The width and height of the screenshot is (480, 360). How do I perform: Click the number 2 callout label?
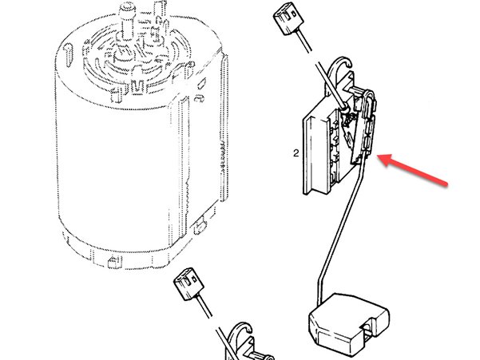(296, 153)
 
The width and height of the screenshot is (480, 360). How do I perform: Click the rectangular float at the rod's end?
(349, 325)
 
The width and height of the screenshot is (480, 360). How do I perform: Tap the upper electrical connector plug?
(288, 21)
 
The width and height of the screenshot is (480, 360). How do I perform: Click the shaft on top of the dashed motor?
(127, 22)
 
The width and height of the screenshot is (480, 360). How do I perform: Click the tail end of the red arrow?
(446, 184)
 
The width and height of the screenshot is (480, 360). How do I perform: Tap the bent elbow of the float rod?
(320, 279)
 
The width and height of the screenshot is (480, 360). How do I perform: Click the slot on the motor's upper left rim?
(68, 55)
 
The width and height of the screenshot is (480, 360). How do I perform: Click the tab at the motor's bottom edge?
(115, 262)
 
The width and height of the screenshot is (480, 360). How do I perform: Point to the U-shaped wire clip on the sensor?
(369, 104)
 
